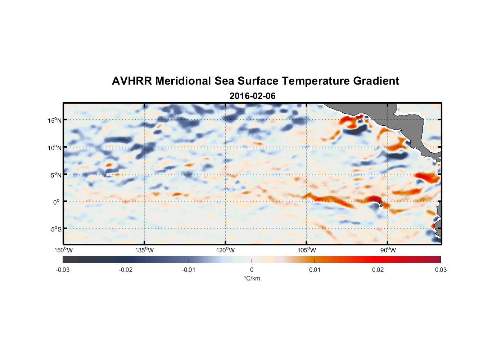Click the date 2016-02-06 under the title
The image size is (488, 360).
(x=252, y=96)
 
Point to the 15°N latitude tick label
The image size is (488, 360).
(x=55, y=120)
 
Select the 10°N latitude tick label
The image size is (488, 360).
(x=55, y=148)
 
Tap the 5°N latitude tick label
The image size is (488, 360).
(x=56, y=175)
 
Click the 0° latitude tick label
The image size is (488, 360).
(x=57, y=202)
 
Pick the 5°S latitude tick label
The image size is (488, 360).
(x=56, y=229)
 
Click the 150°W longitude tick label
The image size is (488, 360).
(x=64, y=250)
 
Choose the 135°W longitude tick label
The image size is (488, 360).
(x=145, y=250)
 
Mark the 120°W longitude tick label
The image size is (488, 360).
(x=226, y=250)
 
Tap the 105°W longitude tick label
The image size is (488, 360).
(x=307, y=250)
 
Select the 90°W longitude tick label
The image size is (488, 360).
(x=388, y=250)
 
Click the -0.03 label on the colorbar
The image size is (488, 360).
(x=63, y=270)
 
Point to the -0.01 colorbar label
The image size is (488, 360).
(x=189, y=270)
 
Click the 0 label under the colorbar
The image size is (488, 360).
(x=252, y=270)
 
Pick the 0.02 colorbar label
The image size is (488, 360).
(x=378, y=270)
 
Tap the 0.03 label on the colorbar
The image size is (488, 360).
(x=440, y=270)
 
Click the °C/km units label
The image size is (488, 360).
(x=252, y=278)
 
